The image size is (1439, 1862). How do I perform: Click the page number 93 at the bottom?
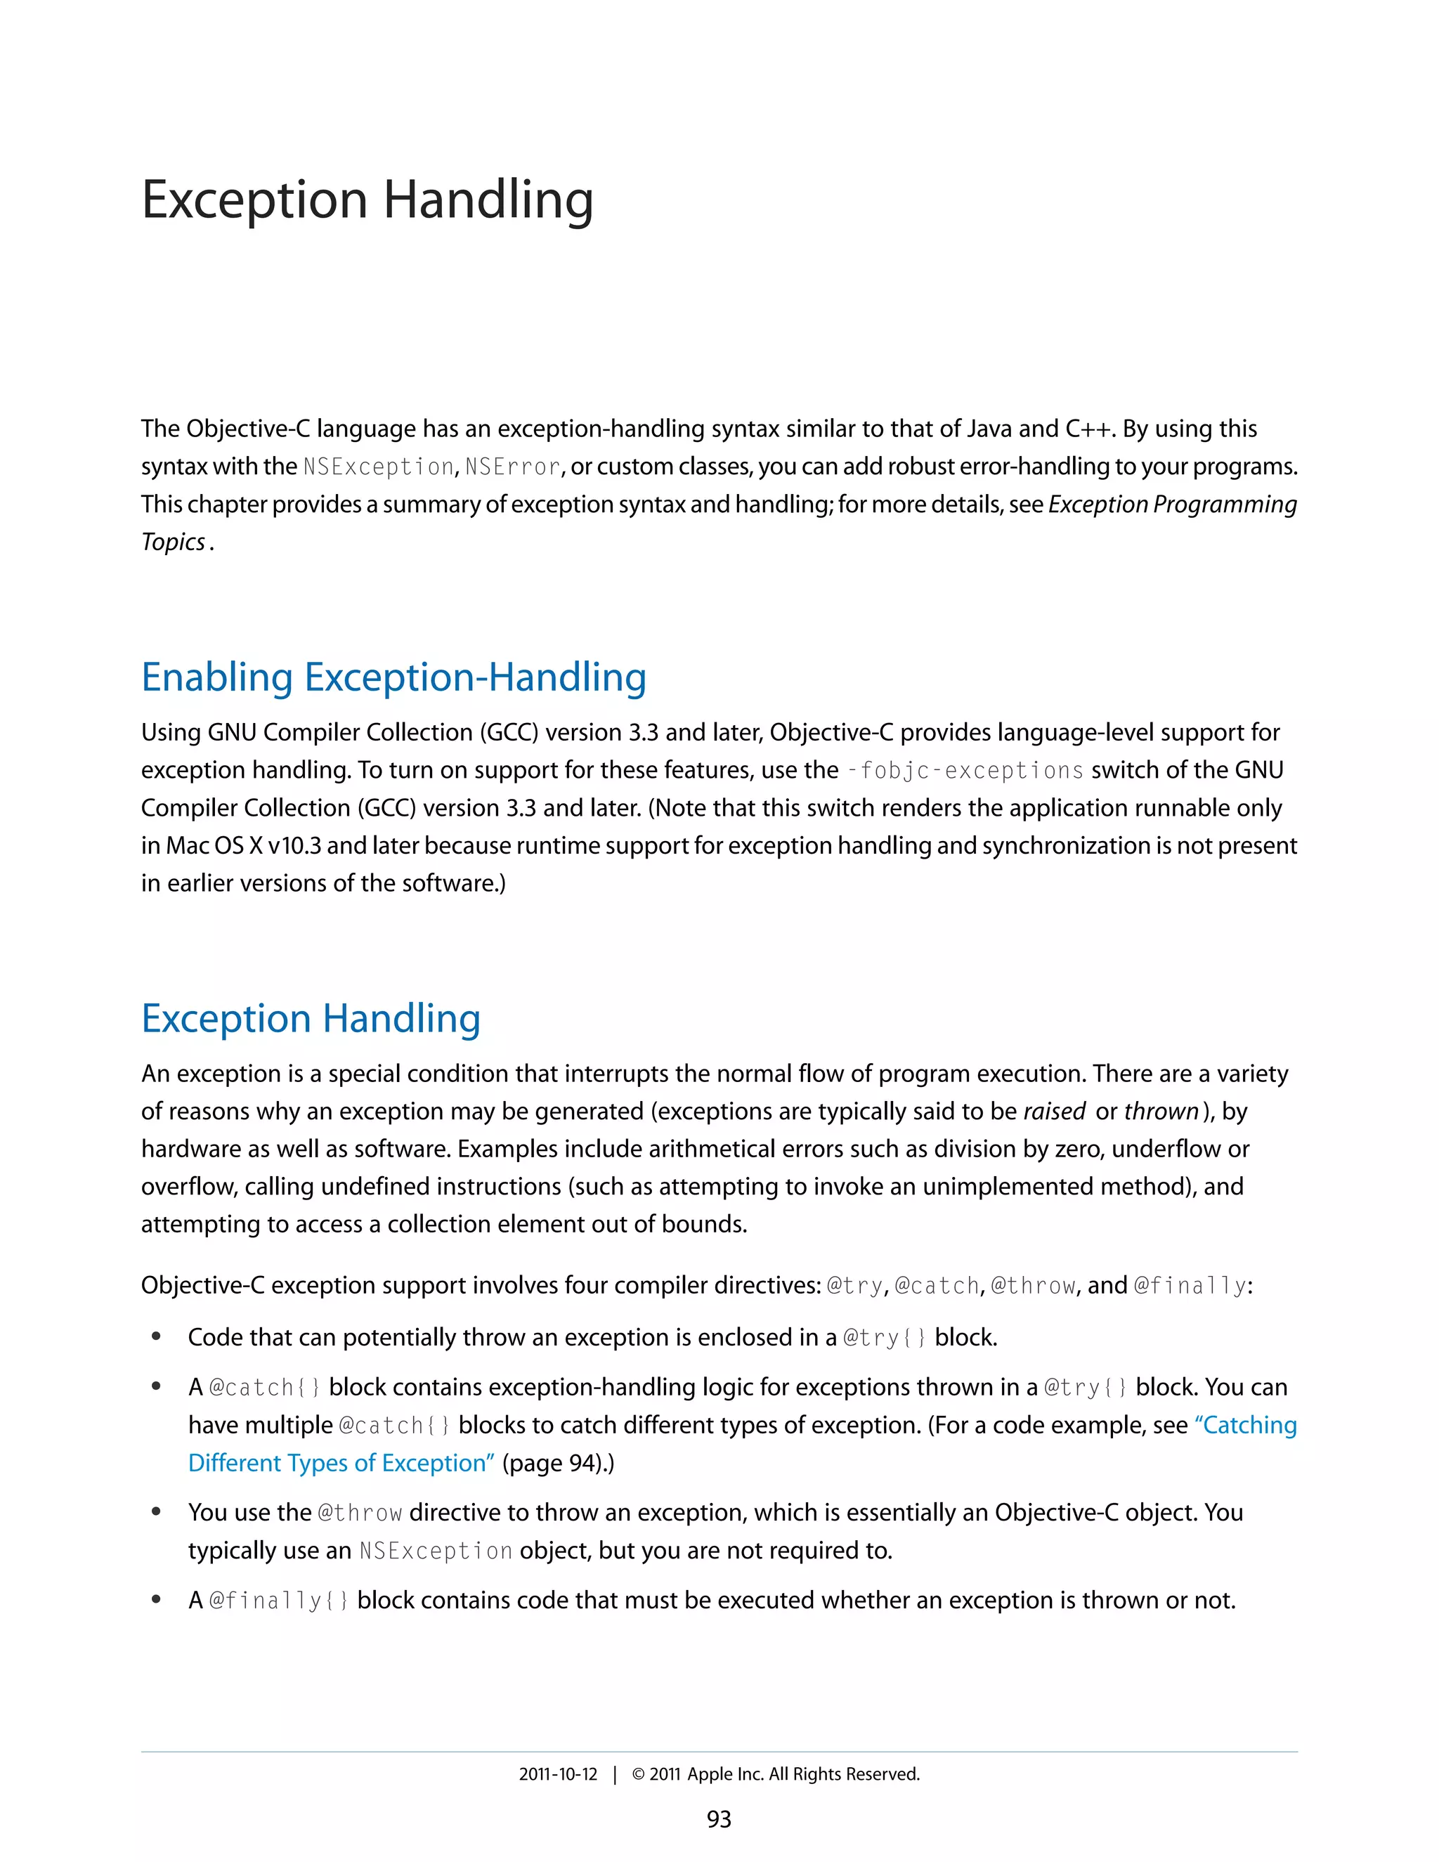tap(719, 1819)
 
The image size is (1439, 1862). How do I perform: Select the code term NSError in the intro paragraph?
tap(512, 467)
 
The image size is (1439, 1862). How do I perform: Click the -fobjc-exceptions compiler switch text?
tap(965, 771)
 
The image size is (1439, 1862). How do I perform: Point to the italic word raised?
tap(1054, 1112)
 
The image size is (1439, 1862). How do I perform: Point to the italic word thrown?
tap(1161, 1112)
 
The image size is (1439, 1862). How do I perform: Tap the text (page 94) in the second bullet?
tap(554, 1463)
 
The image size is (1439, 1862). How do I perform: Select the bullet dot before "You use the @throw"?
tap(156, 1511)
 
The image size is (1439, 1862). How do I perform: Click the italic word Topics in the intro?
tap(173, 542)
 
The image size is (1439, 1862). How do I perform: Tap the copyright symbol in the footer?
tap(638, 1774)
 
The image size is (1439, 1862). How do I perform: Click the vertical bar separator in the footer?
tap(614, 1774)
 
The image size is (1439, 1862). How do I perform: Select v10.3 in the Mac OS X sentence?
tap(294, 846)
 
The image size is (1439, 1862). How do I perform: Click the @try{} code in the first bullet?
tap(884, 1338)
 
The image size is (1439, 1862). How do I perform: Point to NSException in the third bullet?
tap(435, 1551)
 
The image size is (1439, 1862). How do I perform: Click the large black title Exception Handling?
tap(367, 200)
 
